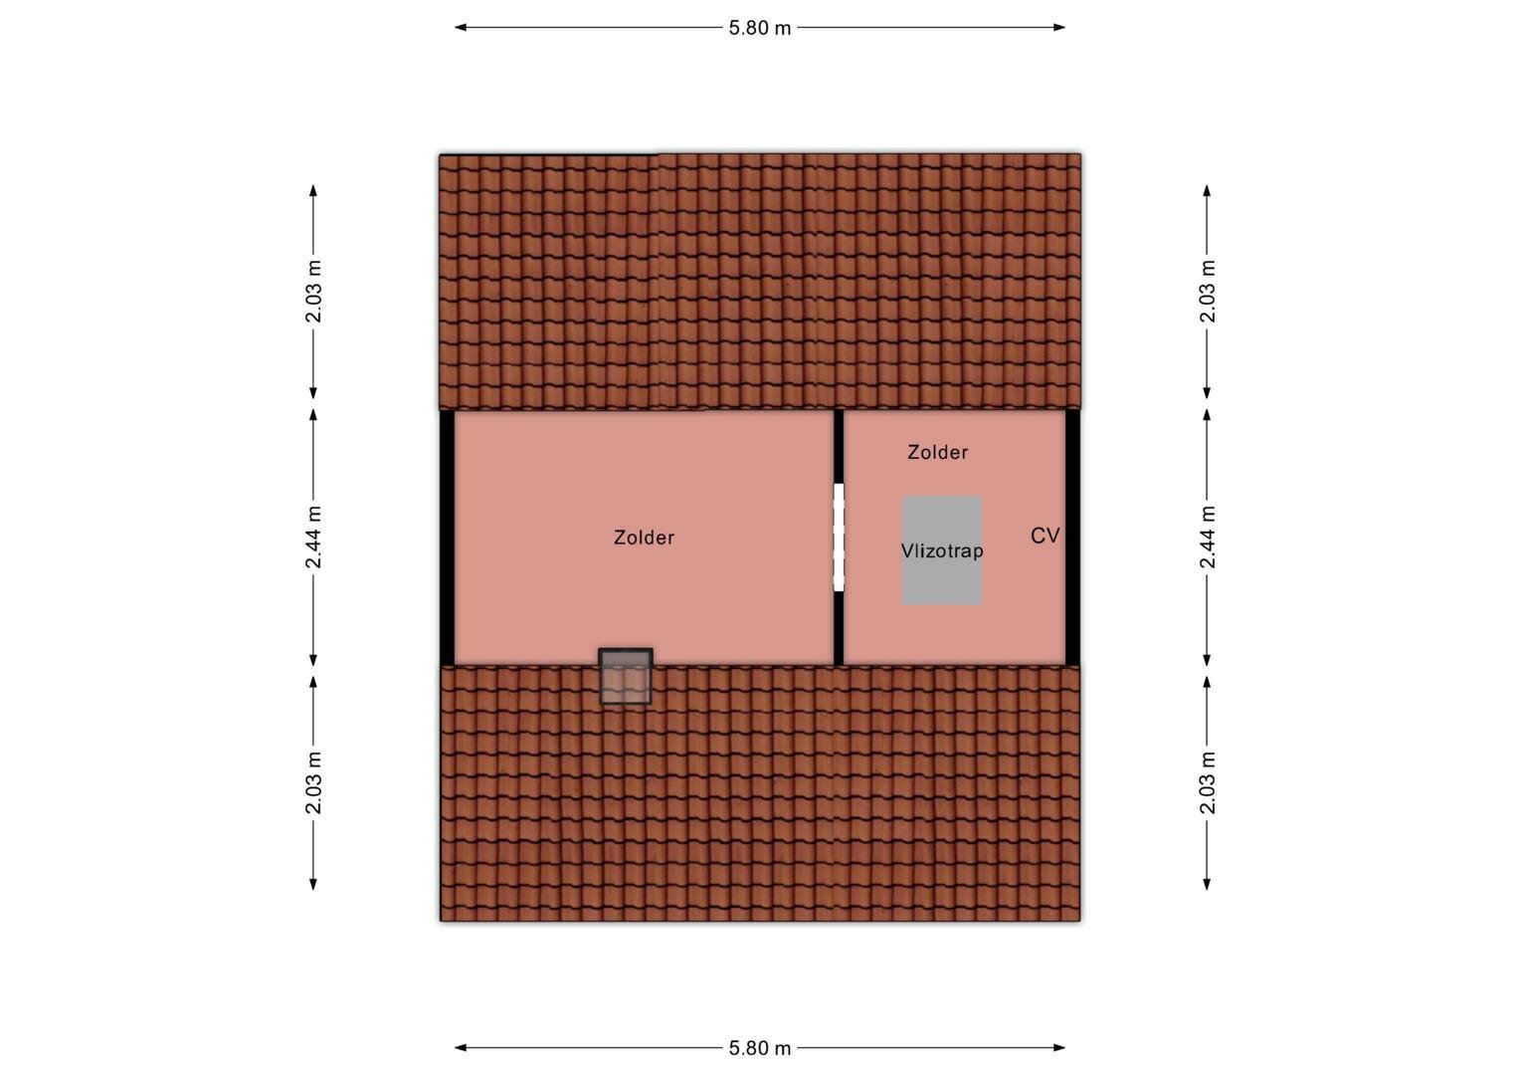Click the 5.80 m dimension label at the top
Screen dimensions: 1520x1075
tap(759, 28)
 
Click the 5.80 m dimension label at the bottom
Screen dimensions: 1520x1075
tap(759, 1048)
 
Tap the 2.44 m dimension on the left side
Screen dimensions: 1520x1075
tap(312, 537)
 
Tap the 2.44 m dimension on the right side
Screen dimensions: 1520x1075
tap(1208, 537)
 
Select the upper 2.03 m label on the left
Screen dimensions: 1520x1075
tap(312, 291)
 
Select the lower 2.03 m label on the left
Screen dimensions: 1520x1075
tap(312, 782)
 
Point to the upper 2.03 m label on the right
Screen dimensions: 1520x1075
tap(1208, 291)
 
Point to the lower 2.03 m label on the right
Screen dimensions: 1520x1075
tap(1208, 782)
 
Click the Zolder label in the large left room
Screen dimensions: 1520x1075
tap(644, 537)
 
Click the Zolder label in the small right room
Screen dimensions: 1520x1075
tap(938, 452)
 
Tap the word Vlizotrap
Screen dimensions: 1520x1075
tap(942, 550)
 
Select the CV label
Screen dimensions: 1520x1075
tap(1045, 536)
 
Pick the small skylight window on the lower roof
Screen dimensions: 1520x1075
tap(626, 676)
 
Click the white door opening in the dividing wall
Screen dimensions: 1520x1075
tap(839, 537)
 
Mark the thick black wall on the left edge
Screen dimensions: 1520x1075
tap(448, 537)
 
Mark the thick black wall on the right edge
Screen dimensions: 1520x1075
tap(1072, 537)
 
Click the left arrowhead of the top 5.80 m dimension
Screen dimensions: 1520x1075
tap(460, 28)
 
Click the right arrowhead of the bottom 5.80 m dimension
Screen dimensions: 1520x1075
tap(1059, 1048)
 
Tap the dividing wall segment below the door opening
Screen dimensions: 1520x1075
tap(839, 628)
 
